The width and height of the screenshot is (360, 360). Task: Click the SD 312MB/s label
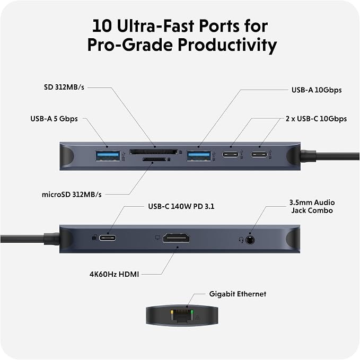point(64,87)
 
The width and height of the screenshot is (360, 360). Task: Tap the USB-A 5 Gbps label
point(54,119)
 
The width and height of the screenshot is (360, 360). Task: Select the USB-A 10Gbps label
point(317,90)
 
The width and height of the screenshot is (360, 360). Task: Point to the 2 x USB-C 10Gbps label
point(316,119)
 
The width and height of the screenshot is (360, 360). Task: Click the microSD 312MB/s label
point(72,195)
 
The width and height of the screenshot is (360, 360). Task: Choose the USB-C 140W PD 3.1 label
point(181,206)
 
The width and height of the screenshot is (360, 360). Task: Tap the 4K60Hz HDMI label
point(114,274)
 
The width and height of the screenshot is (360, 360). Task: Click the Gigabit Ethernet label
point(238,294)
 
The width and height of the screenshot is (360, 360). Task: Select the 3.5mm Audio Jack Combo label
point(312,206)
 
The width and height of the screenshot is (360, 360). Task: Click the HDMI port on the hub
point(177,238)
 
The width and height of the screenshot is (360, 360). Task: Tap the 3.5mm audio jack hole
point(250,240)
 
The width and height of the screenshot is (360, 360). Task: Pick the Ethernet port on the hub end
point(182,315)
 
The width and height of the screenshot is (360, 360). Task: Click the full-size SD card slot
point(154,152)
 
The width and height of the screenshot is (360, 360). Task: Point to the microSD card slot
point(154,159)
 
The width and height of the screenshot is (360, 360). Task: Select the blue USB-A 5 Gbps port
point(108,156)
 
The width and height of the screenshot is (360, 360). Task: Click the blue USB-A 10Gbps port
point(199,156)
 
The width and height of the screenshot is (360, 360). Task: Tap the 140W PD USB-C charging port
point(108,238)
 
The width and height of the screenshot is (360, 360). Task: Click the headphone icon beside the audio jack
point(241,240)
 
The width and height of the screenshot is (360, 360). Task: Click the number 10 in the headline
point(102,25)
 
